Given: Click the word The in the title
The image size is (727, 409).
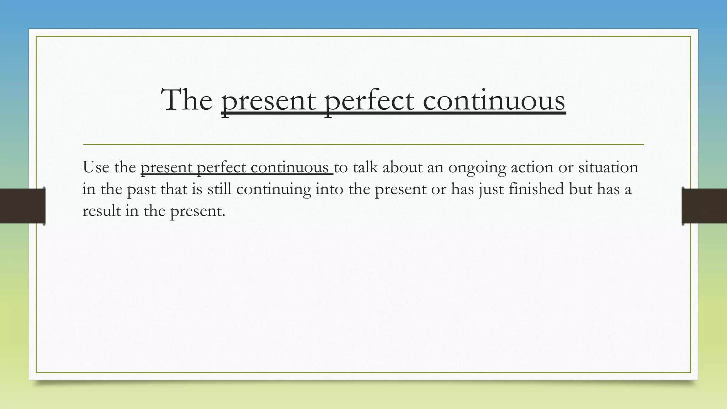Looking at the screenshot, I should pos(187,100).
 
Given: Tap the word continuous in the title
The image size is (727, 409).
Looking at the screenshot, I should pos(494,100).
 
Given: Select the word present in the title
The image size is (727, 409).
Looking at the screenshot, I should pos(268,101).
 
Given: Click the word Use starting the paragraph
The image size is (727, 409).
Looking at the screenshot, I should pos(95,167).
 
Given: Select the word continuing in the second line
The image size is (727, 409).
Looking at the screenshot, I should pos(273,189).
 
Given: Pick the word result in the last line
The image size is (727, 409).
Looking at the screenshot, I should pos(102,211).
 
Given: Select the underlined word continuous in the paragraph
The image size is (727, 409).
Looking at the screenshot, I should pos(289,167).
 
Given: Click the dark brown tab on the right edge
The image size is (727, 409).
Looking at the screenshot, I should pos(705,206).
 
